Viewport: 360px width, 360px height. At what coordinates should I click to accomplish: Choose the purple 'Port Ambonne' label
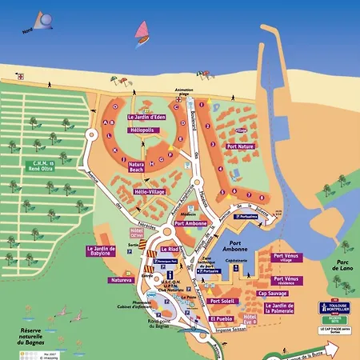pos(190,224)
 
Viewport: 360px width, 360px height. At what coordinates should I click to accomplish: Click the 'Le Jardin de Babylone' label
pos(102,251)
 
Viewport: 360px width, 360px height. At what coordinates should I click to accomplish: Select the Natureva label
pos(99,281)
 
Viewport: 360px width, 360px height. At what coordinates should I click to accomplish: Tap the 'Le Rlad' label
pos(179,250)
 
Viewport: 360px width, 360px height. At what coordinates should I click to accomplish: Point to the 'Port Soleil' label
pos(221,301)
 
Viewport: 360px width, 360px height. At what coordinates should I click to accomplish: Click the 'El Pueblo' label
pos(220,318)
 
